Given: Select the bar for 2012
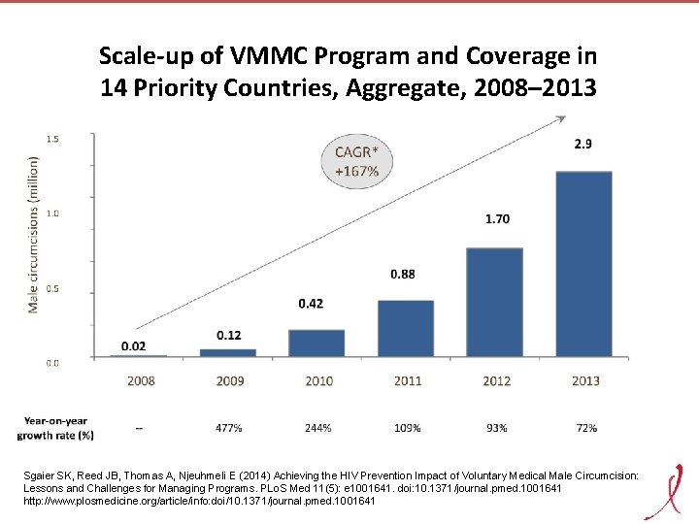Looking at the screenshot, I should [496, 303].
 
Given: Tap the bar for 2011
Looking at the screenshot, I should [406, 328].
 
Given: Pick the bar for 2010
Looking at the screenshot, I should [316, 344].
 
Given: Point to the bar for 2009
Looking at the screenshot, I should [228, 353].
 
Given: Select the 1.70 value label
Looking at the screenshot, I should [496, 219].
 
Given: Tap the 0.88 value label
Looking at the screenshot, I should [403, 275].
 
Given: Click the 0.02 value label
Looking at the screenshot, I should [135, 345].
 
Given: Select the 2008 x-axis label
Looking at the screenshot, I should [140, 381].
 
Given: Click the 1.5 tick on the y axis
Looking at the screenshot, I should [52, 139].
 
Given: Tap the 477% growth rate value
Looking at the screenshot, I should [229, 427].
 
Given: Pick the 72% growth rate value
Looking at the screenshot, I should [585, 427].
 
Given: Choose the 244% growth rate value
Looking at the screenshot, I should [318, 427].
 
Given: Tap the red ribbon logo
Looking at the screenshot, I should [667, 489].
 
